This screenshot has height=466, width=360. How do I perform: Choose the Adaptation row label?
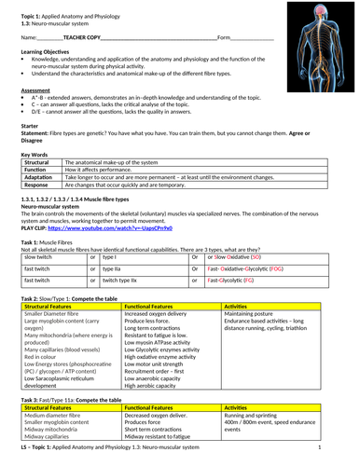coord(37,177)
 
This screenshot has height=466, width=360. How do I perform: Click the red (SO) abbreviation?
coord(256,254)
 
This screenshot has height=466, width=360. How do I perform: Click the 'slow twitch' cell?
coord(37,254)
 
